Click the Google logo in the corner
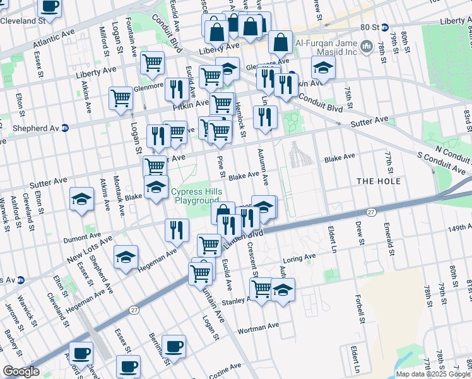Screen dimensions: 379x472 [21, 371]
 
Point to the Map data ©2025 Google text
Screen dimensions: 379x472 [433, 374]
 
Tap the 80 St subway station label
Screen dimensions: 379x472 [375, 28]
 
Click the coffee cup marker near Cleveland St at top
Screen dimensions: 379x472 [50, 8]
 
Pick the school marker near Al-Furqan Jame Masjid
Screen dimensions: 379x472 [323, 68]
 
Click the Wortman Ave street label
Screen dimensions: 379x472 [258, 327]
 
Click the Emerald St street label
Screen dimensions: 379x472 [391, 243]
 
